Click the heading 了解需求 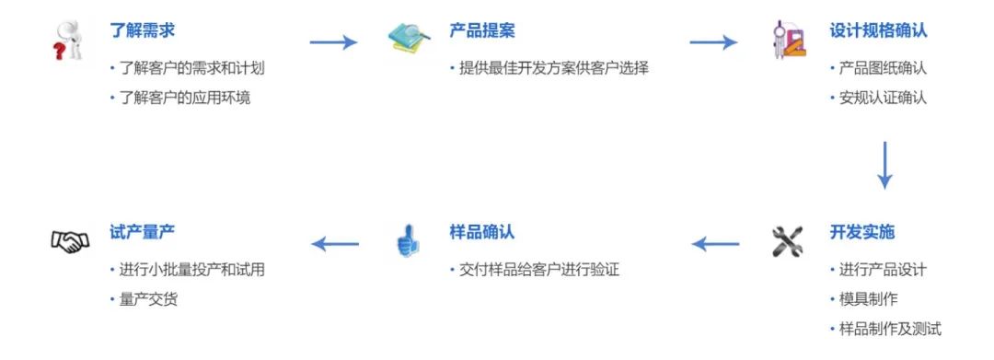[x=142, y=31]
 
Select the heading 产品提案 [x=482, y=31]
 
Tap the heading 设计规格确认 [x=878, y=31]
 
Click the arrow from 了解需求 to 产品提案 [x=332, y=41]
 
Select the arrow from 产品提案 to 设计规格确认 [x=713, y=41]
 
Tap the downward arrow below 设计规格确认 [x=884, y=166]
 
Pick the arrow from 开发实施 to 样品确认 [x=715, y=244]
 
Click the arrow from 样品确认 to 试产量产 [x=335, y=244]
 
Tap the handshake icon [x=70, y=242]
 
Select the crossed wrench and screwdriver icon [x=788, y=241]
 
